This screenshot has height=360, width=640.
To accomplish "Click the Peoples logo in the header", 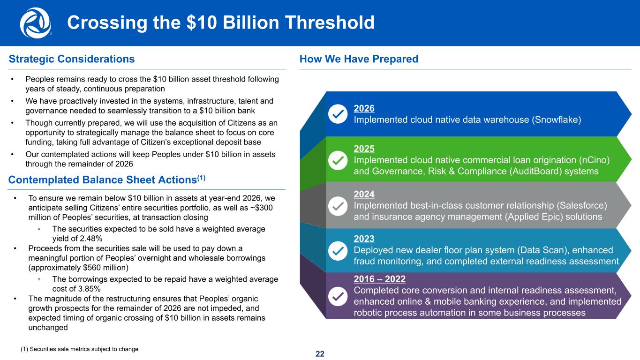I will (35, 22).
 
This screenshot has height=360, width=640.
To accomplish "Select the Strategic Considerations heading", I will (72, 59).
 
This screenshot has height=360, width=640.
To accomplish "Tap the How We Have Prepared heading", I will (359, 59).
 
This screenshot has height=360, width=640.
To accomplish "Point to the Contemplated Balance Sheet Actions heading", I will (107, 180).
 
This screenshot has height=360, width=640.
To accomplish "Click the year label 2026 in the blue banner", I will (364, 108).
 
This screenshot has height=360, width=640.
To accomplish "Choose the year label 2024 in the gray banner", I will (364, 194).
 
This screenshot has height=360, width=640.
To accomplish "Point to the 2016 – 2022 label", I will (380, 279).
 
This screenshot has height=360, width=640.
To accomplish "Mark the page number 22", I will (320, 354).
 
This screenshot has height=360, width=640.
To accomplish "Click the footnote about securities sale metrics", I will (80, 349).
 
